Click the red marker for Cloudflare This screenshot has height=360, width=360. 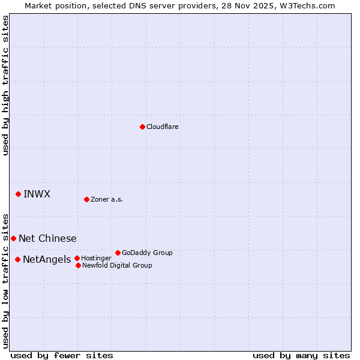pyautogui.click(x=142, y=127)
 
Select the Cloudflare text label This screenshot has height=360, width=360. pyautogui.click(x=163, y=127)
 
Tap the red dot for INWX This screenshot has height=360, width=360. pyautogui.click(x=19, y=194)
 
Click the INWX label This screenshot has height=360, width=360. pyautogui.click(x=37, y=194)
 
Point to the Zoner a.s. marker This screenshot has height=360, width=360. pyautogui.click(x=87, y=199)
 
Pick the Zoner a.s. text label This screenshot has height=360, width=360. pyautogui.click(x=107, y=200)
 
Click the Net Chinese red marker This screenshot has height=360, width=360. pyautogui.click(x=13, y=238)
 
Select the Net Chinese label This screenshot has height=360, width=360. pyautogui.click(x=47, y=239)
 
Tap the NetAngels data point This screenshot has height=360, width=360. pyautogui.click(x=18, y=259)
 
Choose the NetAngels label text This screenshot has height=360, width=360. pyautogui.click(x=47, y=260)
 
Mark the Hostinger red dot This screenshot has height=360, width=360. pyautogui.click(x=77, y=258)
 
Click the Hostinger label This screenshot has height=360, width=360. pyautogui.click(x=96, y=259)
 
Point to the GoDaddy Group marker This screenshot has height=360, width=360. pyautogui.click(x=118, y=253)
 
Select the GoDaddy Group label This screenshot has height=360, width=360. pyautogui.click(x=147, y=253)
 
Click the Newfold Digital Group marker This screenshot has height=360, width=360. pyautogui.click(x=79, y=265)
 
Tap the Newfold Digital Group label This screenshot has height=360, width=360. pyautogui.click(x=117, y=266)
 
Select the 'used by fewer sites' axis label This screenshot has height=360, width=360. pyautogui.click(x=62, y=356)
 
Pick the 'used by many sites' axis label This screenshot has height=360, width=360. pyautogui.click(x=301, y=356)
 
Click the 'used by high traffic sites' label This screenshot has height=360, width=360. pyautogui.click(x=6, y=85)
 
